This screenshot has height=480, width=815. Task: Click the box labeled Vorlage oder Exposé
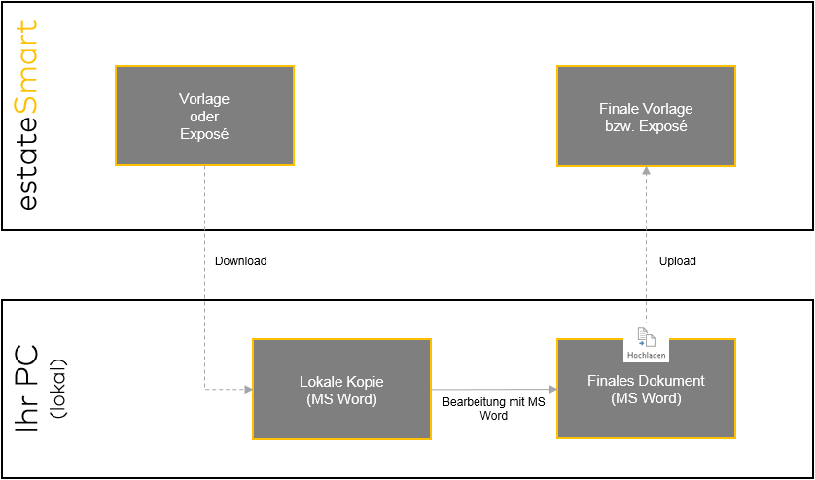coord(204,116)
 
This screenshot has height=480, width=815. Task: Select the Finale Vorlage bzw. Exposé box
coord(646,116)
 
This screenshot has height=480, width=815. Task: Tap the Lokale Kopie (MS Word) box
coord(341,389)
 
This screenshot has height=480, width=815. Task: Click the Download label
coord(240,261)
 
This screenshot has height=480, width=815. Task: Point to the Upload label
coord(677,261)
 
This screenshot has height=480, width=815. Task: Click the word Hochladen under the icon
coord(647,356)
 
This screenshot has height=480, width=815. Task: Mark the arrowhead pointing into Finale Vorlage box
coord(646,170)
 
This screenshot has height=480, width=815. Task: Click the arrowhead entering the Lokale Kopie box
coord(248,390)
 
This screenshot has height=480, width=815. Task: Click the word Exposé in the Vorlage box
coord(204,133)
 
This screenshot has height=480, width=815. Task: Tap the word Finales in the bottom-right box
coord(617,381)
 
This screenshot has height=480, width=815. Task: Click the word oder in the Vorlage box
coord(204,116)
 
